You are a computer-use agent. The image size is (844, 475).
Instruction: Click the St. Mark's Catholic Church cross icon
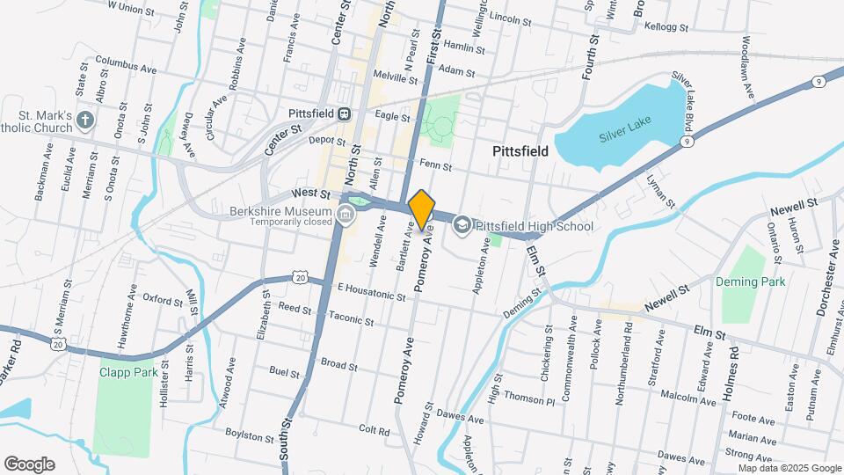(85, 120)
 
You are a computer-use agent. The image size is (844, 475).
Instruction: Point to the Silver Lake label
(622, 137)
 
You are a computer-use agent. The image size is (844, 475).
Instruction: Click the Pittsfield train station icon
(346, 113)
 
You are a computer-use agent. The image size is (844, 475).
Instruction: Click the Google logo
(28, 464)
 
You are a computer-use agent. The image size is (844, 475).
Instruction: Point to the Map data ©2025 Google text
(789, 468)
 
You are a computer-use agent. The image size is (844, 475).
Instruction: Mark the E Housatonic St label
(371, 291)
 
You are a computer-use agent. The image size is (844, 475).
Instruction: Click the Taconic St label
(352, 316)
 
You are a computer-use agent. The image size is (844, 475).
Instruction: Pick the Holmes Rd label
(731, 370)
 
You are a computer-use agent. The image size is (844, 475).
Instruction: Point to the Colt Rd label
(374, 430)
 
